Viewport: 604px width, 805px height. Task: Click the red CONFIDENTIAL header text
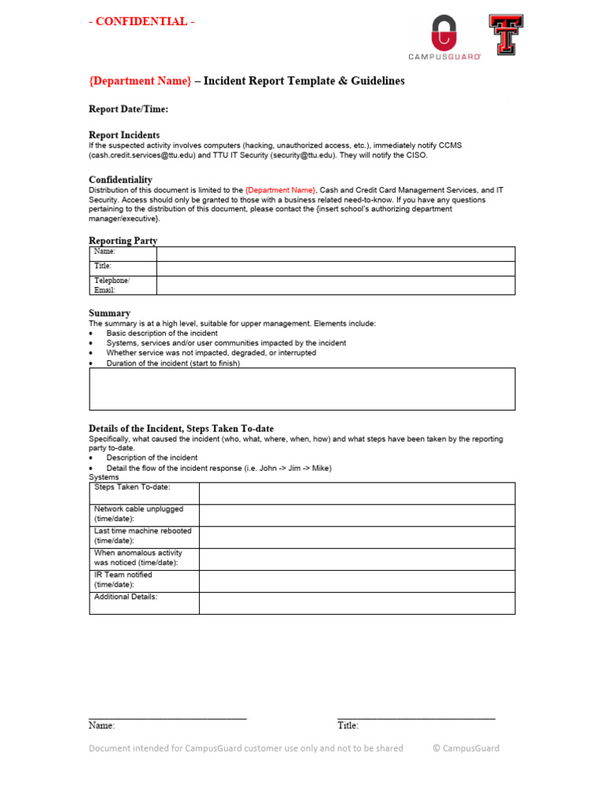142,22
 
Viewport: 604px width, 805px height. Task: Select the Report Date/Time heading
128,109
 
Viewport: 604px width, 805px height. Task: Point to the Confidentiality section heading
120,180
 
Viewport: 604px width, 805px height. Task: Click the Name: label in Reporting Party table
105,252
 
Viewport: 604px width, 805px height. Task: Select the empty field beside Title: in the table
336,268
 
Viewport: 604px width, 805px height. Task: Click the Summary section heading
109,313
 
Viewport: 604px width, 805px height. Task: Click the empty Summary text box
302,389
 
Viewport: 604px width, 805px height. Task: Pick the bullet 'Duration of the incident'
173,363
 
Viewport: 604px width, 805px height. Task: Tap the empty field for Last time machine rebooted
357,536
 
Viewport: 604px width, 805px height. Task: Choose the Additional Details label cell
126,597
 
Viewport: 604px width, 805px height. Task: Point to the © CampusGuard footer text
466,748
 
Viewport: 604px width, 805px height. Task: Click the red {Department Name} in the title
140,82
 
